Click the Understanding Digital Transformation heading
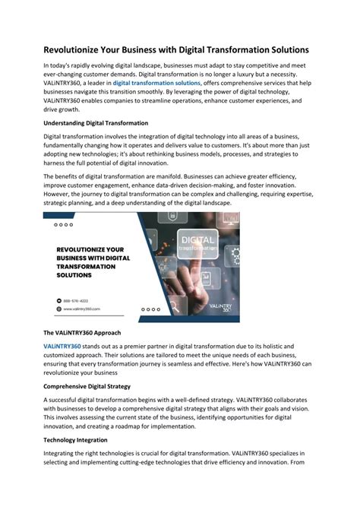pos(96,123)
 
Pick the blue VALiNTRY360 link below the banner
pos(62,347)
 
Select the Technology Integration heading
pos(75,440)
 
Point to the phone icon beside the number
pos(58,299)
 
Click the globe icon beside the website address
pos(58,309)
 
